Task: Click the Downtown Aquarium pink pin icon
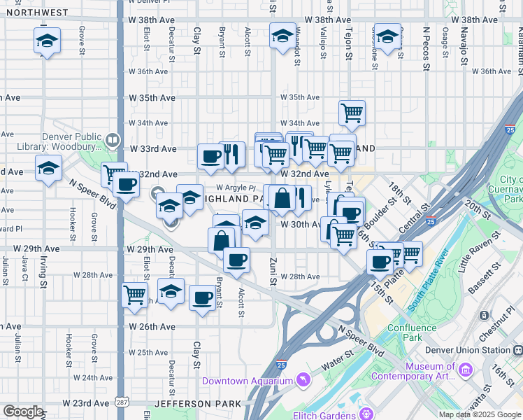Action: click(x=303, y=381)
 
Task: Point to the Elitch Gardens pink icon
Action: click(x=366, y=414)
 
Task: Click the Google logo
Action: click(x=23, y=412)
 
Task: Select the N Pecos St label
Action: click(x=426, y=43)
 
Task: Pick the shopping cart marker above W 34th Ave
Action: click(x=352, y=112)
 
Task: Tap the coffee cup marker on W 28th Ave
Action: click(x=236, y=260)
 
